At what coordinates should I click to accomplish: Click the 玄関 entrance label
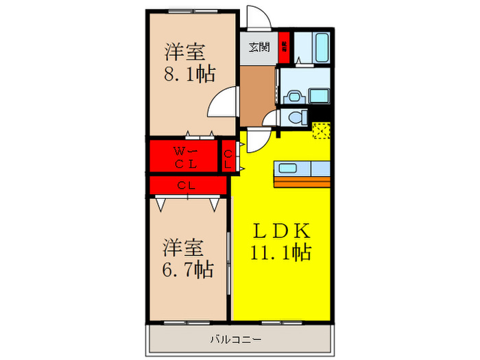pyautogui.click(x=258, y=47)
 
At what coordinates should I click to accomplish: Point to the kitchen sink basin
pyautogui.click(x=287, y=168)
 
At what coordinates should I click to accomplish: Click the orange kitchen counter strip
pyautogui.click(x=302, y=182)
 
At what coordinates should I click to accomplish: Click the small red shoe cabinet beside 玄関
pyautogui.click(x=285, y=47)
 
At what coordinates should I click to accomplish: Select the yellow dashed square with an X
pyautogui.click(x=320, y=130)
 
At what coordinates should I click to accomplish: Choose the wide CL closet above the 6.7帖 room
pyautogui.click(x=186, y=185)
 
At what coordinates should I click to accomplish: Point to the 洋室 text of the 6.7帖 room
pyautogui.click(x=185, y=245)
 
